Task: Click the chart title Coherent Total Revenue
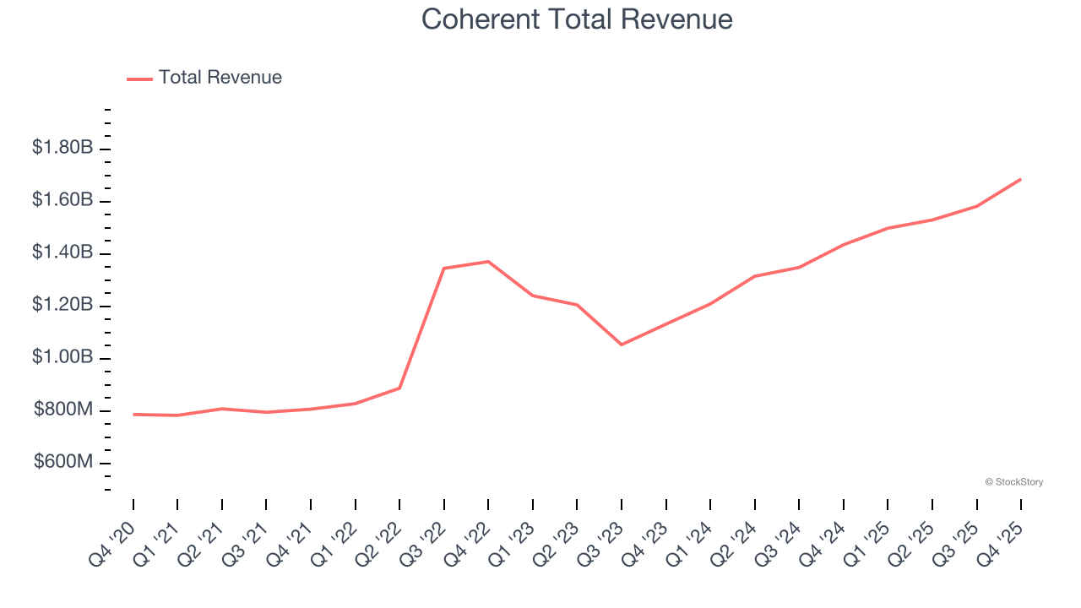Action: click(x=577, y=19)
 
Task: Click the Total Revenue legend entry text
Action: click(x=220, y=78)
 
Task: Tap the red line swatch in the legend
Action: click(x=139, y=79)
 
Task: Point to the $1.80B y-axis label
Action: click(x=62, y=148)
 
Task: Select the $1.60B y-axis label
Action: click(x=62, y=200)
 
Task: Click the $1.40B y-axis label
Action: click(x=62, y=252)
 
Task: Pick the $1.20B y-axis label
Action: click(x=62, y=305)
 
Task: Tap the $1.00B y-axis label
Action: click(x=62, y=357)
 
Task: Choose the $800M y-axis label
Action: click(x=63, y=410)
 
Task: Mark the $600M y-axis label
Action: click(x=63, y=462)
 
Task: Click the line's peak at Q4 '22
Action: click(x=488, y=261)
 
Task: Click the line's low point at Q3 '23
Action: click(x=622, y=345)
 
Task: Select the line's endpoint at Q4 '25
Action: click(x=1020, y=179)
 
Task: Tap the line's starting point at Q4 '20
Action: click(x=133, y=415)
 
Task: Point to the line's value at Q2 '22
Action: click(x=399, y=388)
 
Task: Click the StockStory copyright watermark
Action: click(x=1013, y=482)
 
